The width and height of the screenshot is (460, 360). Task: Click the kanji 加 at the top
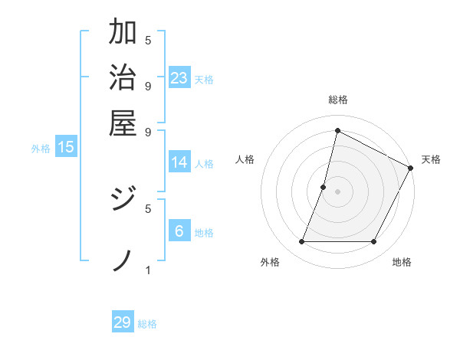pos(123,33)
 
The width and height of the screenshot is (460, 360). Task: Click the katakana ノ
pos(123,260)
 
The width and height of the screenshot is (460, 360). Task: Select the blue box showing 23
pos(179,77)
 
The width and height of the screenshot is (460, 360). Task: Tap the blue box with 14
pos(179,162)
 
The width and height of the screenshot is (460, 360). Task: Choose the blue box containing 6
pos(179,231)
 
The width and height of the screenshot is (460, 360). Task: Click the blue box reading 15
pos(66,147)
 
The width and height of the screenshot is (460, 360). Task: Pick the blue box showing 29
pos(123,322)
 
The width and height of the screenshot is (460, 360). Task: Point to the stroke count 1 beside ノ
pos(148,270)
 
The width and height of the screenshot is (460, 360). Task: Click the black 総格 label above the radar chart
pos(337,100)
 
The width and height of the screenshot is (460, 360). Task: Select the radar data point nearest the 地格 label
pos(374,242)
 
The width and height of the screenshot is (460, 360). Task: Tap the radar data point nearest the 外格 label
pos(301,242)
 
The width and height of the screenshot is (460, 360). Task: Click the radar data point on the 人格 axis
pos(324,186)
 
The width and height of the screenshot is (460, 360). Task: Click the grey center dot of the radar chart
pos(337,191)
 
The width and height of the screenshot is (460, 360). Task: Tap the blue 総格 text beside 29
pos(147,324)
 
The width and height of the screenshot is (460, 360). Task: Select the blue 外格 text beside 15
pos(40,149)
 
